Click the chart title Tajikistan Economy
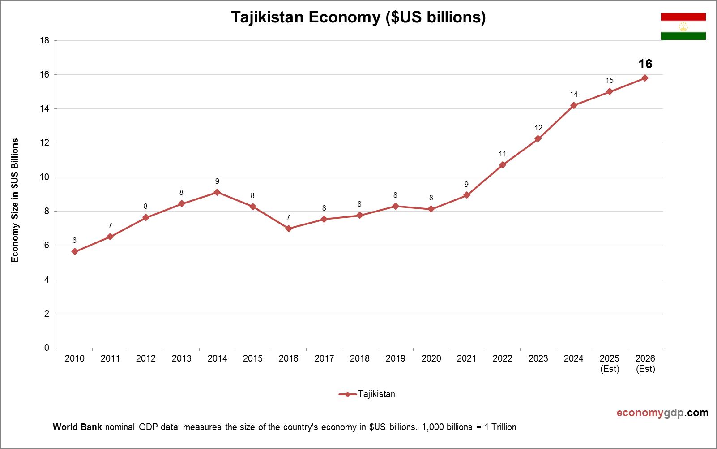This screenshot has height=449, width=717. click(358, 17)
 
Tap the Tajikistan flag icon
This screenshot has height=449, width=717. click(683, 26)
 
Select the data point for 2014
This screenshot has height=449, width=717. click(217, 192)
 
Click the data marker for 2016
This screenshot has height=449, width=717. click(289, 229)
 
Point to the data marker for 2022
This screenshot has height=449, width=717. click(503, 165)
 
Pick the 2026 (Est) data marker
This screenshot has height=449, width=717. click(645, 78)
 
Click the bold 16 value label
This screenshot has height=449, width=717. click(645, 64)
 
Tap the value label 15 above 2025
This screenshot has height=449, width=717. click(610, 81)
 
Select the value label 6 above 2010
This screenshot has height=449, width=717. click(74, 241)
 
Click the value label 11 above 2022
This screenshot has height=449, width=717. click(503, 154)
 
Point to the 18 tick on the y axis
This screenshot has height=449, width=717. click(44, 40)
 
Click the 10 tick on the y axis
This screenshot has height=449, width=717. click(44, 177)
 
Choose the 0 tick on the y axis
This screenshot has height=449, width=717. click(47, 348)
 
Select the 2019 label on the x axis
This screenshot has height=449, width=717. click(395, 358)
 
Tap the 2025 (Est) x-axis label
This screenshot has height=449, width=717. click(610, 363)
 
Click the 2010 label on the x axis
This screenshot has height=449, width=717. click(74, 358)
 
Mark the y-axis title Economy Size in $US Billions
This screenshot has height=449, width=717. click(15, 200)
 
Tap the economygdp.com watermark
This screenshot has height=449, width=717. click(662, 413)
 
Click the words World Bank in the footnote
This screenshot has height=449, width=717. click(77, 427)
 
